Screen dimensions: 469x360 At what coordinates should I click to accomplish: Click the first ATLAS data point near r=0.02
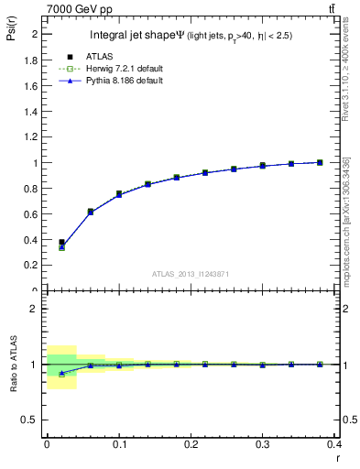click(x=61, y=243)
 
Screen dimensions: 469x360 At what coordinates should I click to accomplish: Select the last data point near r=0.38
click(x=320, y=162)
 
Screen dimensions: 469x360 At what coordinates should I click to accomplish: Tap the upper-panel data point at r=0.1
click(x=119, y=194)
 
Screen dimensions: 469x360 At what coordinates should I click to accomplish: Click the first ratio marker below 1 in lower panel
click(x=61, y=373)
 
